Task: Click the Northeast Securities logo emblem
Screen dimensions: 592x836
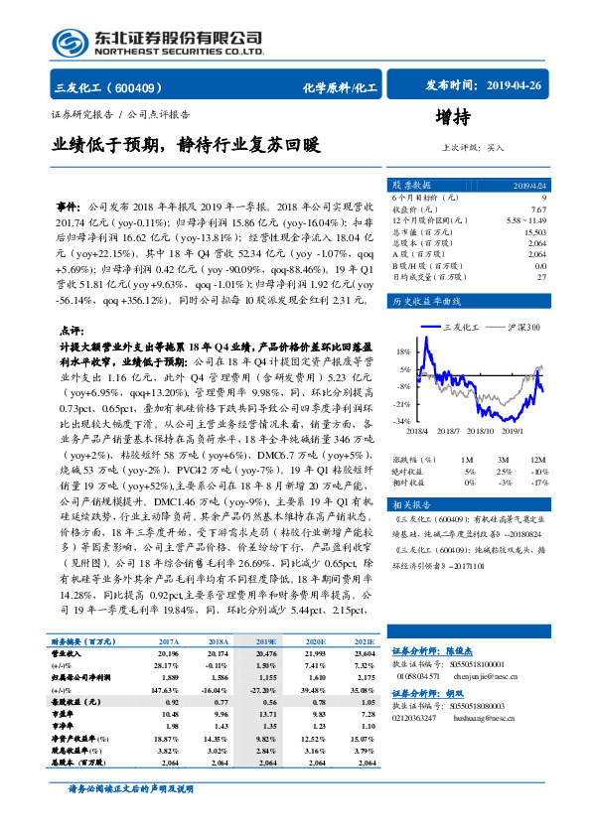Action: point(69,42)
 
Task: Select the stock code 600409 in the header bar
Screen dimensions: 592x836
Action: point(143,87)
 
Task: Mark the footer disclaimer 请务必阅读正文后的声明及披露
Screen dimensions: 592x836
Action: point(137,816)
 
